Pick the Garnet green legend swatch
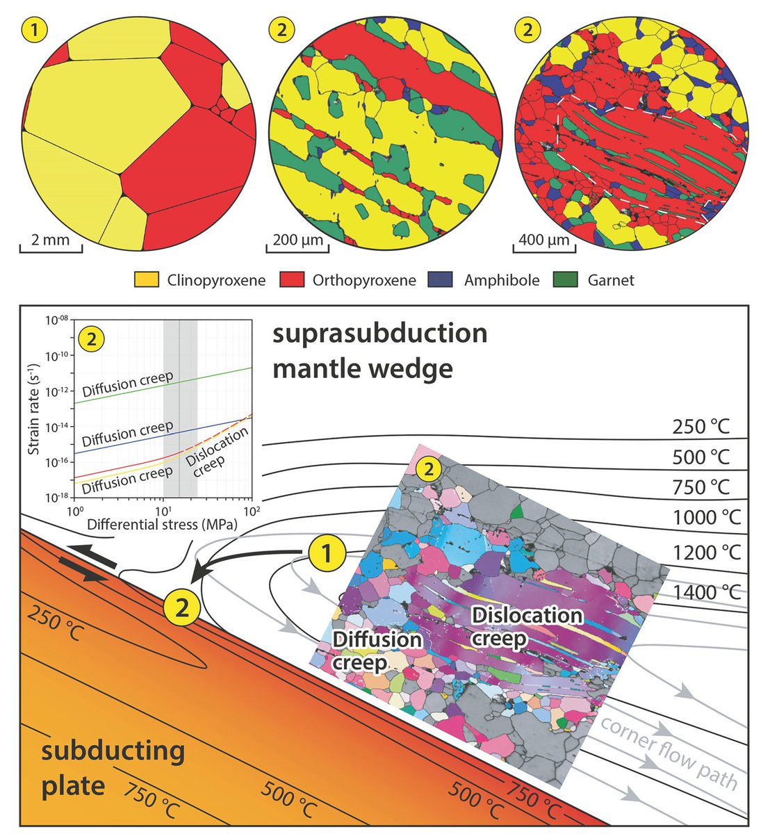[565, 281]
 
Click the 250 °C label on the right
[701, 426]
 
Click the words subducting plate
[112, 768]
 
